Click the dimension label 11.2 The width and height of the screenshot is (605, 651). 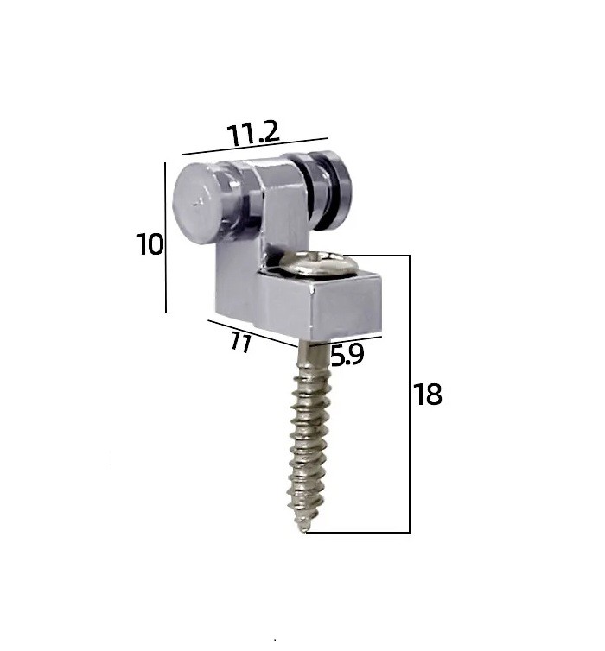point(252,133)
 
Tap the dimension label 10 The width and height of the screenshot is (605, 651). point(150,244)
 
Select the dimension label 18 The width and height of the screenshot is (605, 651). point(427,395)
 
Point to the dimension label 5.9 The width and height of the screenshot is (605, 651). point(347,355)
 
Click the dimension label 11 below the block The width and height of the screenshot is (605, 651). point(241,342)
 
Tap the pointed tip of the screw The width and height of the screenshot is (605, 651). point(305,530)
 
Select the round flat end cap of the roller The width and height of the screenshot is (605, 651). point(197,203)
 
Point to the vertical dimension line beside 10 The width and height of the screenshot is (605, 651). point(165,237)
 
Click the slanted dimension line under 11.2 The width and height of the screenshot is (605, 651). point(255,146)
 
